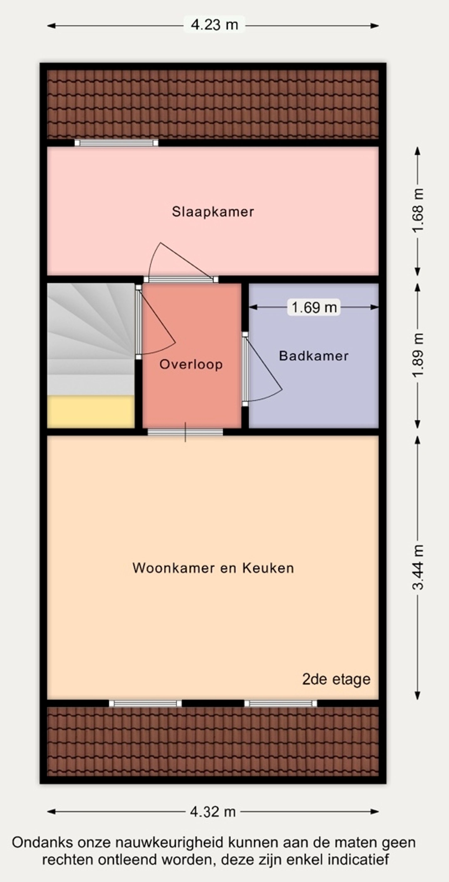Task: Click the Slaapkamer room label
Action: [x=213, y=212]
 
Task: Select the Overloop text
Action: [x=191, y=364]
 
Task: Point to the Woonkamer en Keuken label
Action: [x=213, y=568]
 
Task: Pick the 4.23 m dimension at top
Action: [x=214, y=25]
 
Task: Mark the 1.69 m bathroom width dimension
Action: [x=314, y=307]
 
